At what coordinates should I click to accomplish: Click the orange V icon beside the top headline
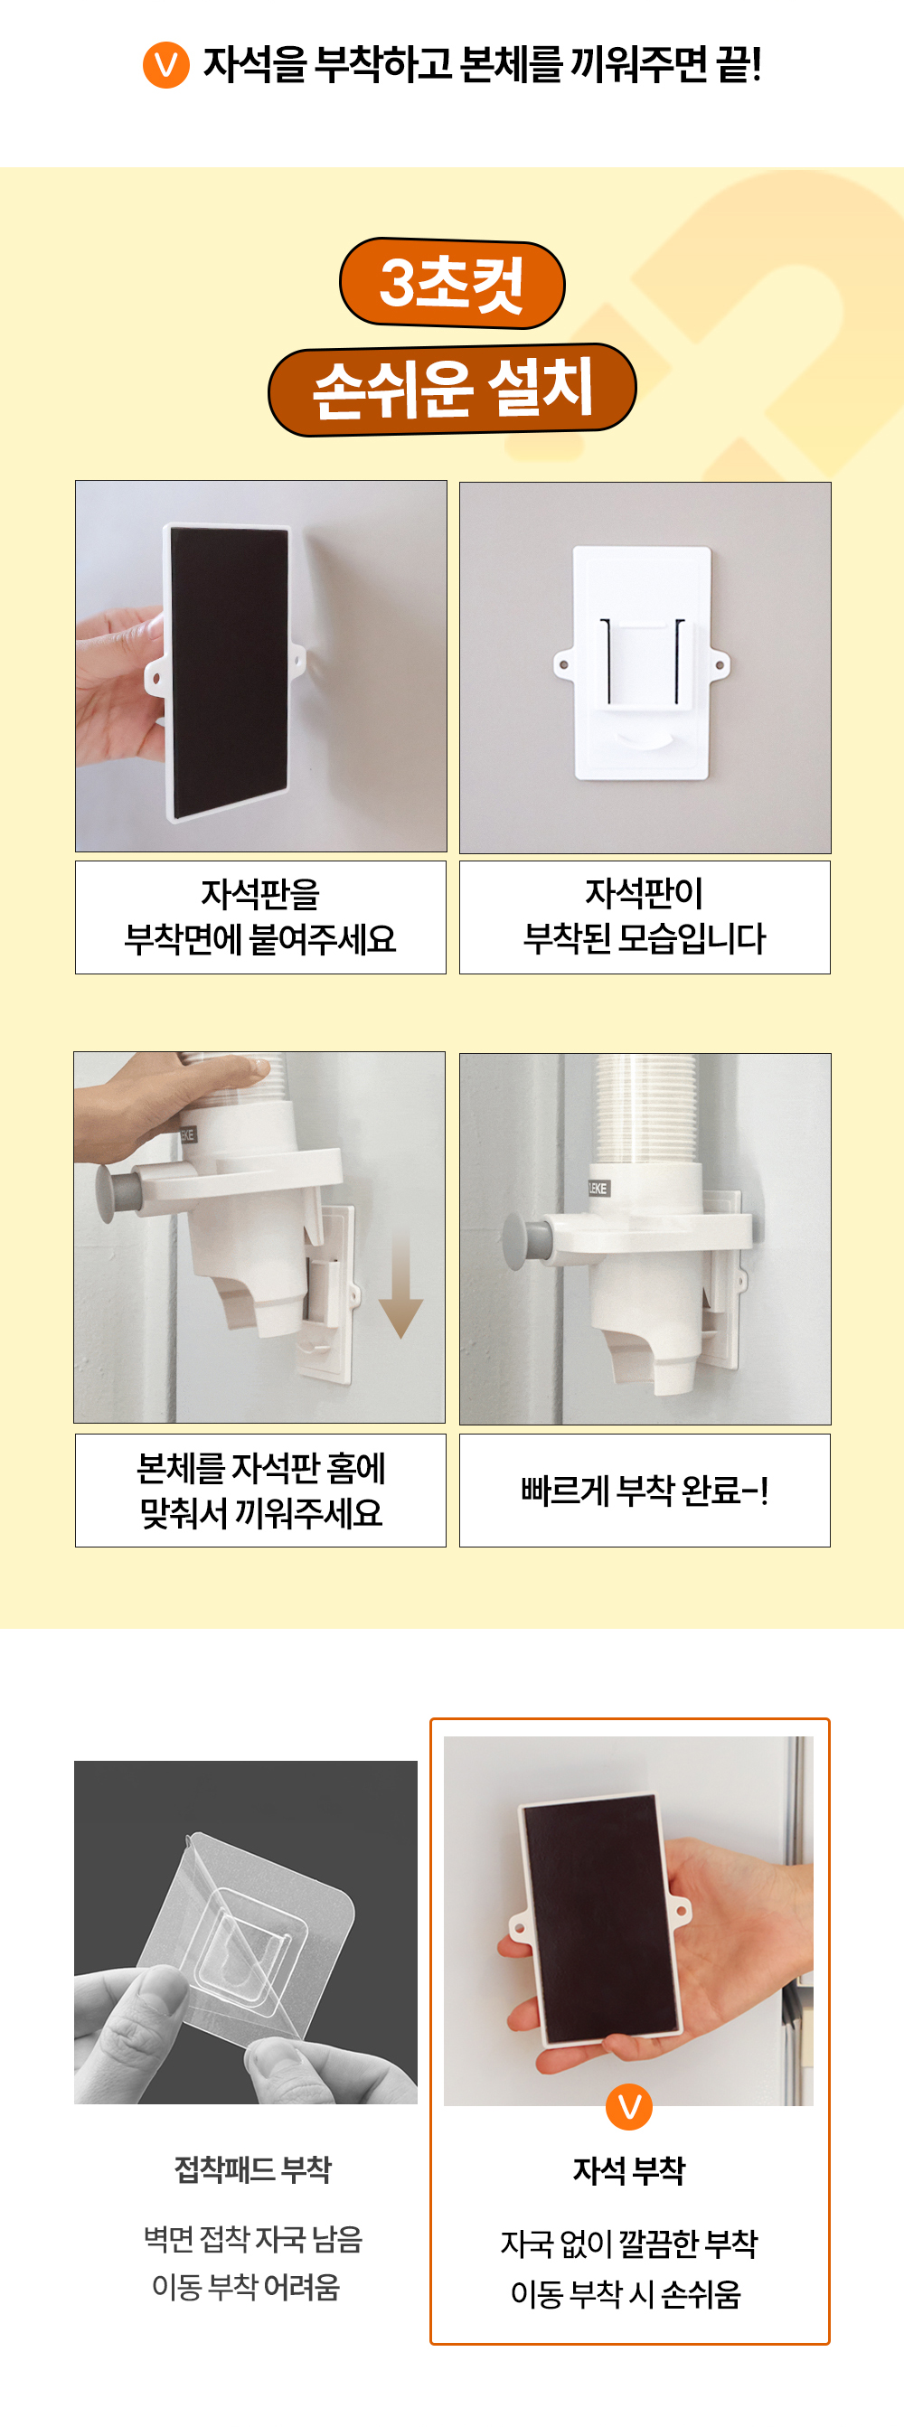[166, 65]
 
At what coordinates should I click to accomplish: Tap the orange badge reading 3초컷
[451, 283]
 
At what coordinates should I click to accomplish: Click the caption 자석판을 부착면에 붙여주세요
[260, 917]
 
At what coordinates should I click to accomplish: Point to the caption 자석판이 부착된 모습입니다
[645, 917]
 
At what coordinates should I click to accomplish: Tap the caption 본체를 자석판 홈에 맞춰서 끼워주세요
[261, 1491]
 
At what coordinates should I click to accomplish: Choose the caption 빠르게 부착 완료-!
[645, 1491]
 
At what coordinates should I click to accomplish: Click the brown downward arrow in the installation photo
[400, 1286]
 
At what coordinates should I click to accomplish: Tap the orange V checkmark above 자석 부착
[629, 2107]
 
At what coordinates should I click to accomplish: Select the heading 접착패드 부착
[252, 2168]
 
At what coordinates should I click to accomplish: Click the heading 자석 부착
[629, 2170]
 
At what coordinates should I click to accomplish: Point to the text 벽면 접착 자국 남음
[252, 2239]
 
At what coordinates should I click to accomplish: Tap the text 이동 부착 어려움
[246, 2287]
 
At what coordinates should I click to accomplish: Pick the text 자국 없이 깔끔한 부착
[629, 2244]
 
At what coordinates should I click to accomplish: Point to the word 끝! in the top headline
[739, 65]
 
